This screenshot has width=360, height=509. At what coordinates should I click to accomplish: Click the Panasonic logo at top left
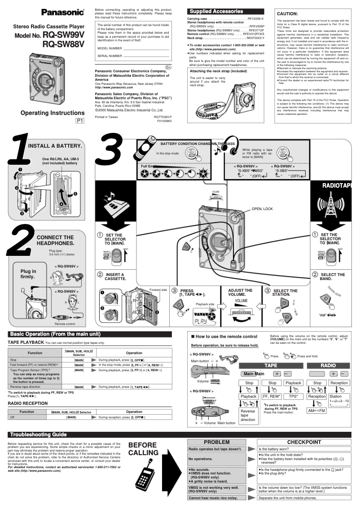click(x=63, y=12)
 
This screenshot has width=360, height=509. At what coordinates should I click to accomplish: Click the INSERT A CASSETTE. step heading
click(x=115, y=276)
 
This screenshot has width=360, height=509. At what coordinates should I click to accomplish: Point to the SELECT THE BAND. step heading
click(x=332, y=276)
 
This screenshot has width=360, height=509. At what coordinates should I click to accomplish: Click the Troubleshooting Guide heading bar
click(x=38, y=434)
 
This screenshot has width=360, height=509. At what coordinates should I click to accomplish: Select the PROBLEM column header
click(x=217, y=442)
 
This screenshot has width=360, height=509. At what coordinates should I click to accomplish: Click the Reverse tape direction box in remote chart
click(x=248, y=415)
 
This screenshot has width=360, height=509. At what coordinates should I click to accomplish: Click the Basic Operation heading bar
click(x=53, y=334)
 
